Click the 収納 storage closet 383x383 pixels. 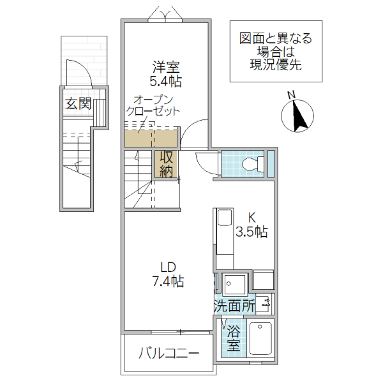pos(167,163)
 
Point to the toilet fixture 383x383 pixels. pos(253,163)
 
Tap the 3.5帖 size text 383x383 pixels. pos(252,232)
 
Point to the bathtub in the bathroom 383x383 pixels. pos(260,339)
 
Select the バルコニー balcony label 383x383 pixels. pos(169,353)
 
